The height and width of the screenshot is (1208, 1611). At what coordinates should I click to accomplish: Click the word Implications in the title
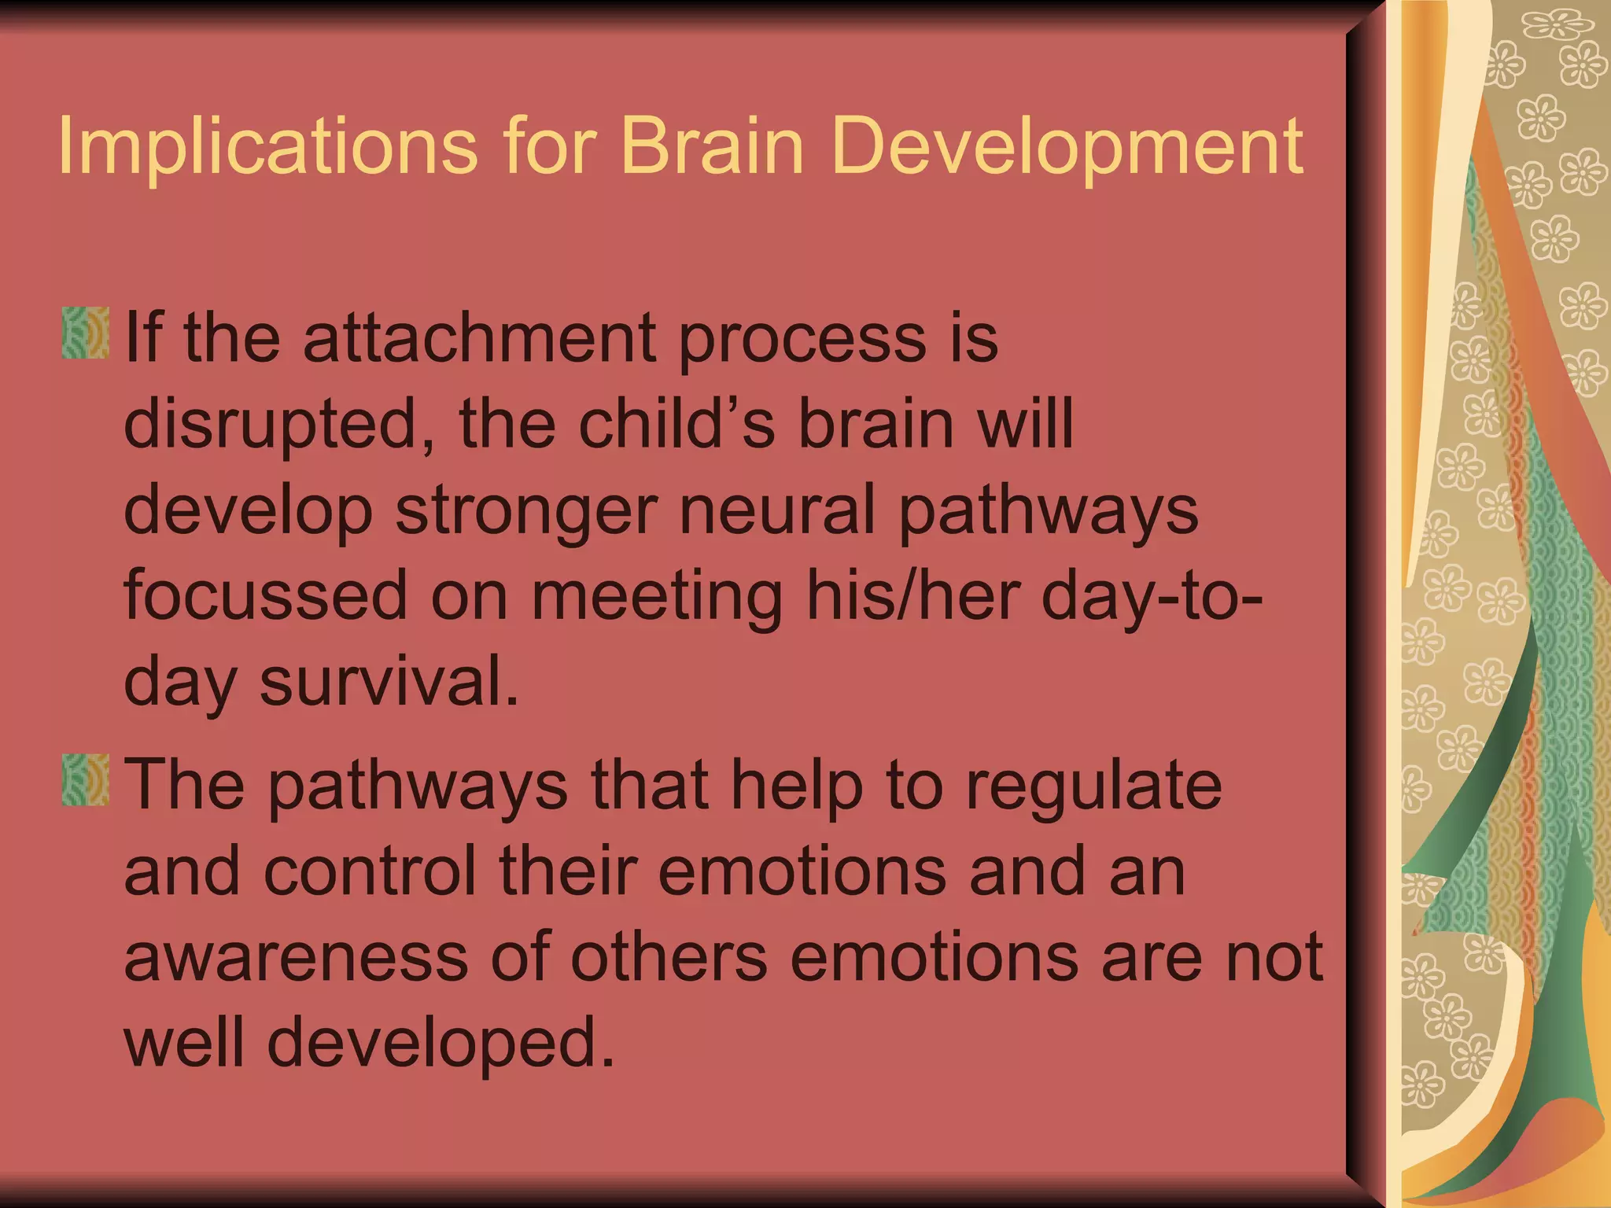click(267, 147)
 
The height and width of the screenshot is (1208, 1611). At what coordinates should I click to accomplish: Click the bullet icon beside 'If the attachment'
click(85, 333)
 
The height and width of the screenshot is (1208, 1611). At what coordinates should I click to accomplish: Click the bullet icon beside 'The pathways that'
click(85, 780)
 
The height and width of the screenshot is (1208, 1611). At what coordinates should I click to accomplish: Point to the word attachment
click(480, 338)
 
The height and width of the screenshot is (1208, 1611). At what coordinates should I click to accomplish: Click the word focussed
click(266, 595)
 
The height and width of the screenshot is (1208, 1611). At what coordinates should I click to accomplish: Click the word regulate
click(1093, 786)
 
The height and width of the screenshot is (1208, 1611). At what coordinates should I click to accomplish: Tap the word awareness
click(297, 958)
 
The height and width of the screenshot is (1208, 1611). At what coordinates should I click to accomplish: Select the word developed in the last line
click(441, 1044)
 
